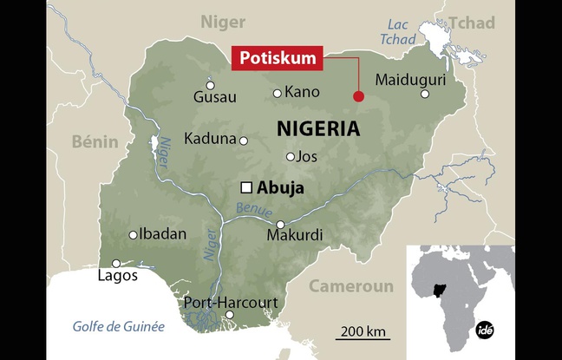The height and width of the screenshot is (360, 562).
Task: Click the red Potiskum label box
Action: point(277,58)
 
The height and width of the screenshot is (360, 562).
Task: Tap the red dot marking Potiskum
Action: point(357,96)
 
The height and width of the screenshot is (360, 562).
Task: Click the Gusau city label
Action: point(214,95)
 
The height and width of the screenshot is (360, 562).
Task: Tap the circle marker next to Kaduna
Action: point(244,141)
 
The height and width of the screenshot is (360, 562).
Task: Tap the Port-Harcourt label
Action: point(231,303)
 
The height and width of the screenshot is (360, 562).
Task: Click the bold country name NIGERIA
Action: point(317,129)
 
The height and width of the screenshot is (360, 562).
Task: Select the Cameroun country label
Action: point(351,286)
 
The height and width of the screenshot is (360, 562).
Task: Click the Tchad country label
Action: point(473,22)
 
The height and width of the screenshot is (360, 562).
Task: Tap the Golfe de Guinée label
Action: point(117,326)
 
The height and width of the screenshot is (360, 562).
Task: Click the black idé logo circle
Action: point(486,331)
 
